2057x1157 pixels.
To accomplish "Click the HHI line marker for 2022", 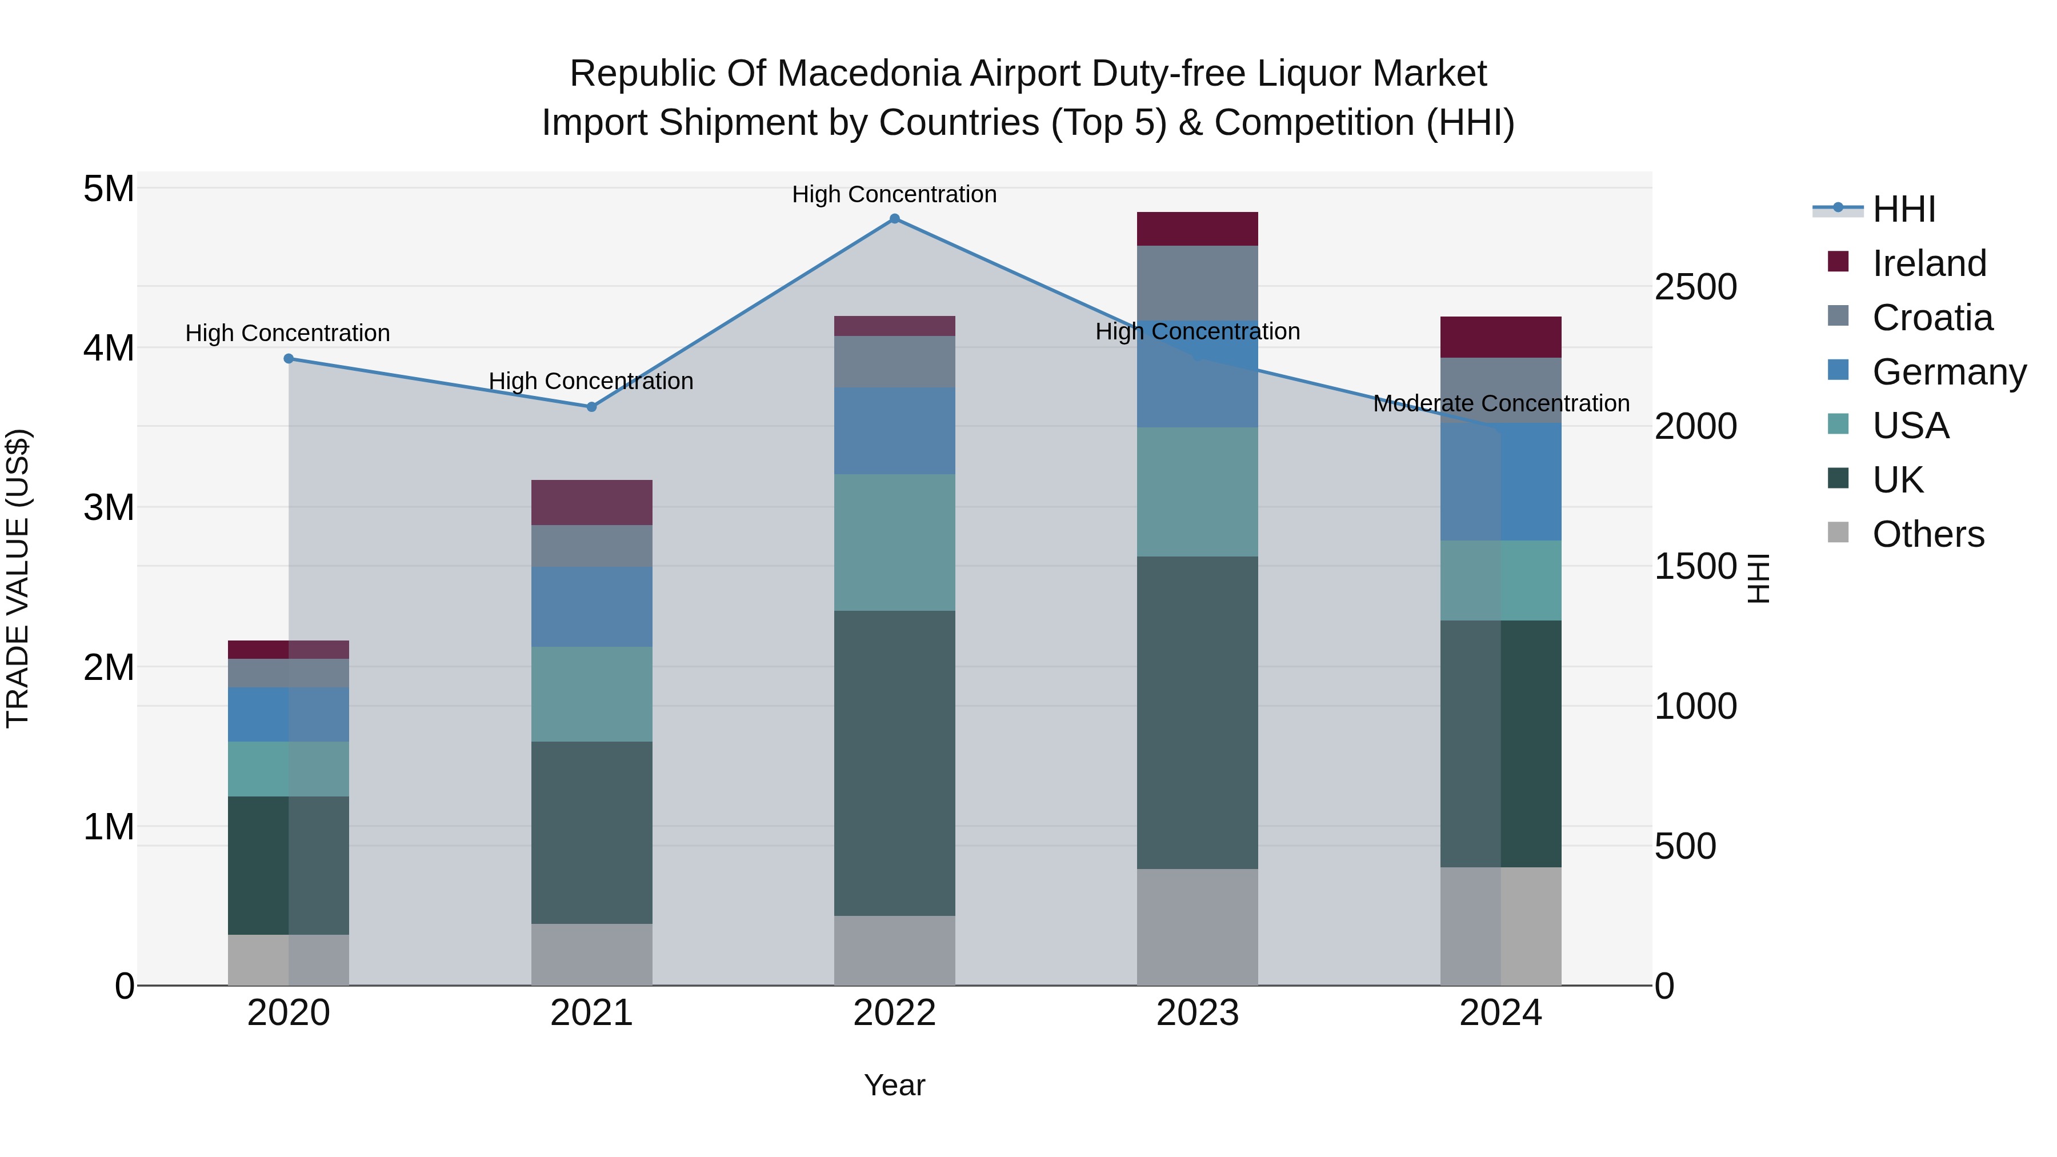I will [894, 219].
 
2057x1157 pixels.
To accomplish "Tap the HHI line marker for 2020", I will [289, 358].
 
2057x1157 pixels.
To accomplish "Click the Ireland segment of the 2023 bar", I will [1197, 229].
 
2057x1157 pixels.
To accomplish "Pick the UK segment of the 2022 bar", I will [894, 763].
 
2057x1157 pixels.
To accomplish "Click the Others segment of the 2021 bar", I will [592, 954].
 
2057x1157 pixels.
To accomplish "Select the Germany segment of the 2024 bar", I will [1500, 482].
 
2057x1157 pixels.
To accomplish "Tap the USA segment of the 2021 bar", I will [592, 694].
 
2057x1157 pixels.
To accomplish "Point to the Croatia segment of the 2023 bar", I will [1197, 283].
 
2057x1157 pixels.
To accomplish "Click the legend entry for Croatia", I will [1932, 318].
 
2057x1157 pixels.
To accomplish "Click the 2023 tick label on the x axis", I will [1197, 1013].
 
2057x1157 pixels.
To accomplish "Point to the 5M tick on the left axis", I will [109, 189].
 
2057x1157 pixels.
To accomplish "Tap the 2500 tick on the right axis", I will [1695, 287].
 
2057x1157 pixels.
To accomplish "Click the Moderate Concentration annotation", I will [1500, 403].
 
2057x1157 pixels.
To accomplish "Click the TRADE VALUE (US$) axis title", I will [18, 578].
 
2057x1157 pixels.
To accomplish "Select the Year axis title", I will [894, 1085].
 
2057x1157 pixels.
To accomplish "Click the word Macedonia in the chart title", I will [872, 74].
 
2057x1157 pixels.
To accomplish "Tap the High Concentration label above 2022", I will [894, 194].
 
